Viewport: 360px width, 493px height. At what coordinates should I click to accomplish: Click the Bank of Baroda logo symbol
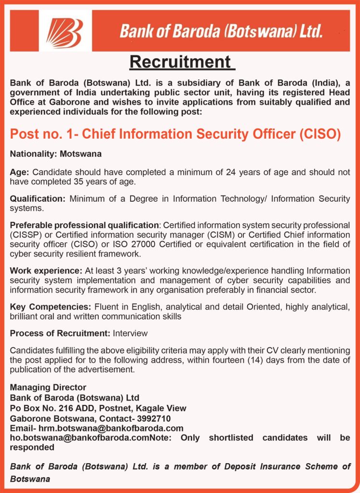coord(65,31)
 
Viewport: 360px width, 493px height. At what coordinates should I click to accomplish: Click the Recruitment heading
coord(181,62)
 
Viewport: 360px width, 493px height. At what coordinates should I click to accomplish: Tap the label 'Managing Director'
coord(48,387)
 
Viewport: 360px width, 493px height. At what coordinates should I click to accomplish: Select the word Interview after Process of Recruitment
coord(130,333)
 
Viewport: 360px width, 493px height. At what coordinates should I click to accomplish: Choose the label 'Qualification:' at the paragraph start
coord(38,199)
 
